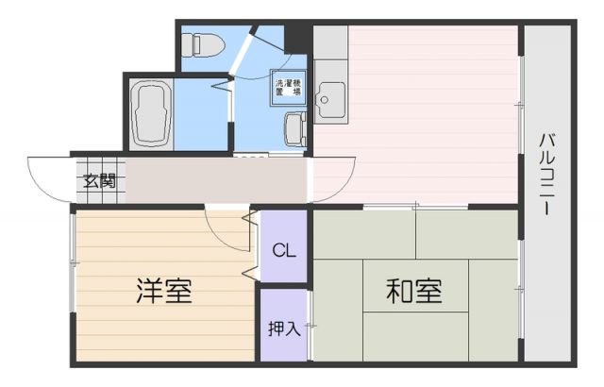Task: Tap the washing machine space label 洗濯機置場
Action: point(287,88)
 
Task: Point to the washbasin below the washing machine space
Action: point(294,127)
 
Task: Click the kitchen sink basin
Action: point(330,95)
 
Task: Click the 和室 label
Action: point(414,290)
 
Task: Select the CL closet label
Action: point(284,250)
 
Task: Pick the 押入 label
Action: point(284,328)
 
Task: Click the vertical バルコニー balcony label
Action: point(546,175)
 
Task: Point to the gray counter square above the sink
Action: point(330,42)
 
